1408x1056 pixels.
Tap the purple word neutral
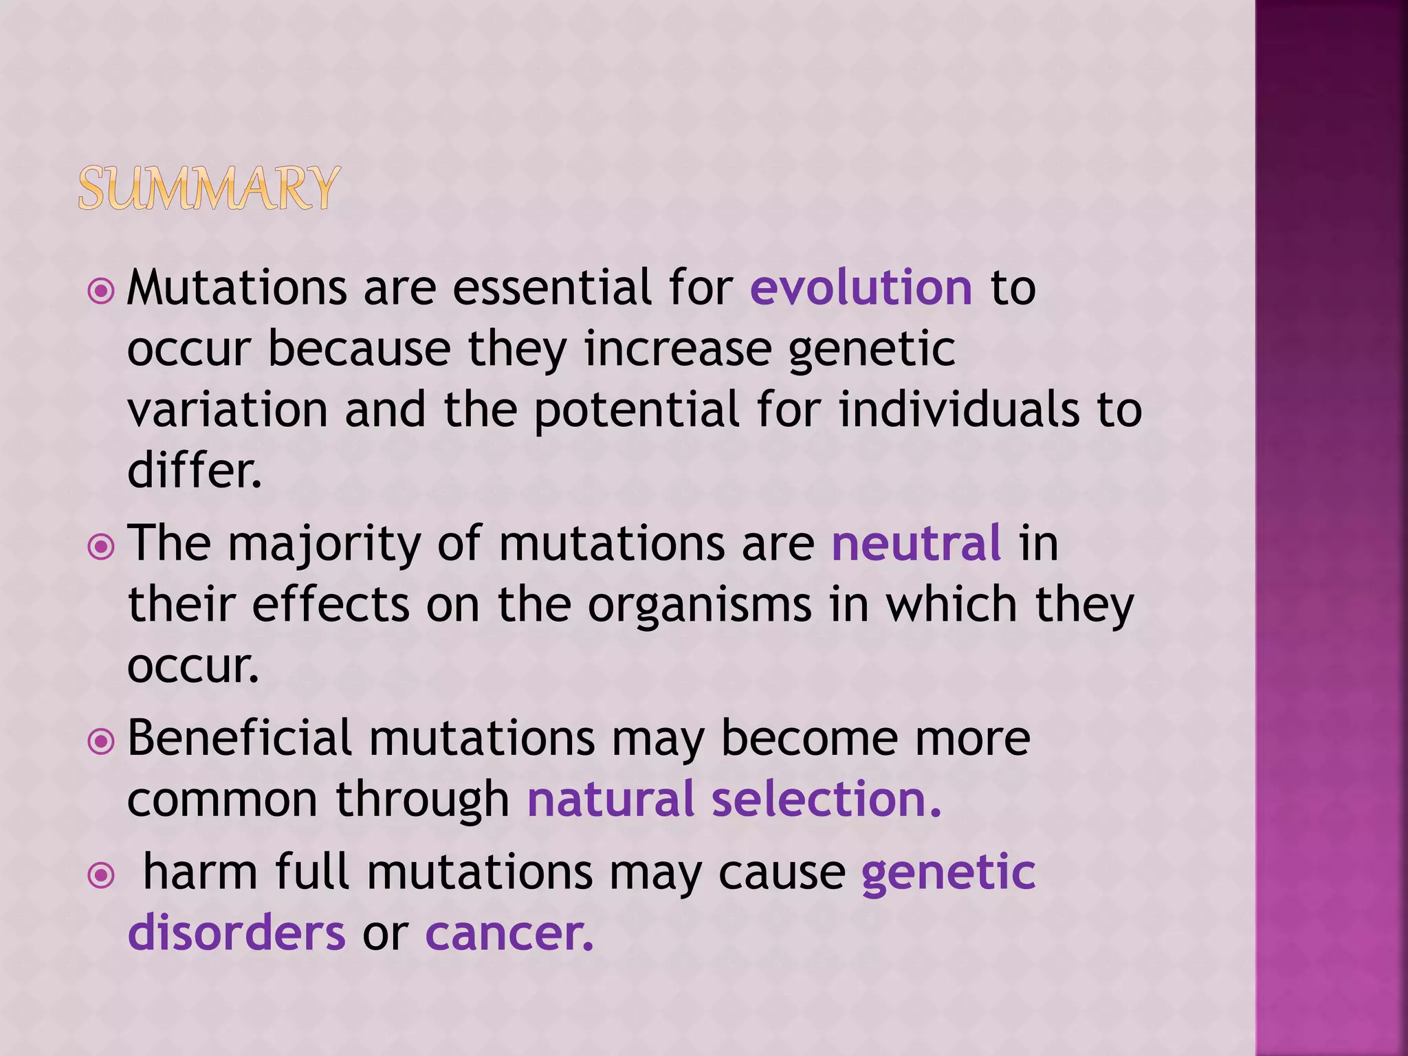pos(916,543)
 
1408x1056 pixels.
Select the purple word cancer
pos(509,933)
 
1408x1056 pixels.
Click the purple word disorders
pos(236,933)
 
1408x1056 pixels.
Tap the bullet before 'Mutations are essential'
pos(101,291)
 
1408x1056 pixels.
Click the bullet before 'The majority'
pos(101,547)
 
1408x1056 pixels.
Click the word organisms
pos(700,605)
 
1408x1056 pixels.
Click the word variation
pos(228,410)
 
